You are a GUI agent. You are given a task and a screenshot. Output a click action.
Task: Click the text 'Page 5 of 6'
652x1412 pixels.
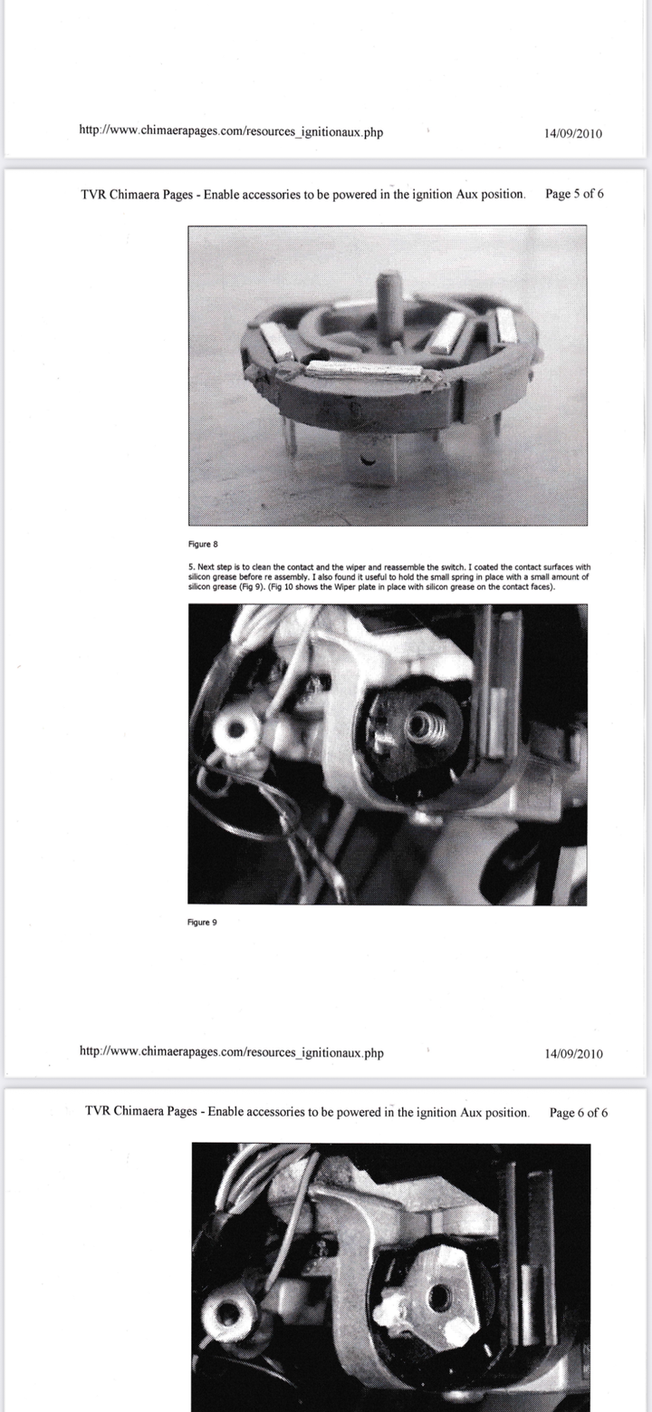(574, 194)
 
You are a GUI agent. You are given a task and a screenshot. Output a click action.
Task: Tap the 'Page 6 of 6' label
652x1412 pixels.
(579, 1113)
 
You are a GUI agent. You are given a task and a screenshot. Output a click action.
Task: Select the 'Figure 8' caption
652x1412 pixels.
(203, 544)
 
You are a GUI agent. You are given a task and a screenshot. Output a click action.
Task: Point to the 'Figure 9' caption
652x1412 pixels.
(202, 923)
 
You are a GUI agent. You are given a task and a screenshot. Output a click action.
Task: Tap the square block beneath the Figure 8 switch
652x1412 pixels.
(366, 462)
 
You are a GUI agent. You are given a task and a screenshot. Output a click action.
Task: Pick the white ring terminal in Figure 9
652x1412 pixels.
(236, 731)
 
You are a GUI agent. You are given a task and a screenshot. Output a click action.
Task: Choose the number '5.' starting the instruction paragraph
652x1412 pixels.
(191, 567)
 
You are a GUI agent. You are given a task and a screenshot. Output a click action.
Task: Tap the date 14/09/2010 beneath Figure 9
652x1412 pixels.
(574, 1054)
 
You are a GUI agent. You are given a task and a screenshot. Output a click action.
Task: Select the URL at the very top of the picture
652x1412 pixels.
(231, 131)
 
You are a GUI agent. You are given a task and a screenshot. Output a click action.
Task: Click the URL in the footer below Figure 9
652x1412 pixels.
(232, 1052)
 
